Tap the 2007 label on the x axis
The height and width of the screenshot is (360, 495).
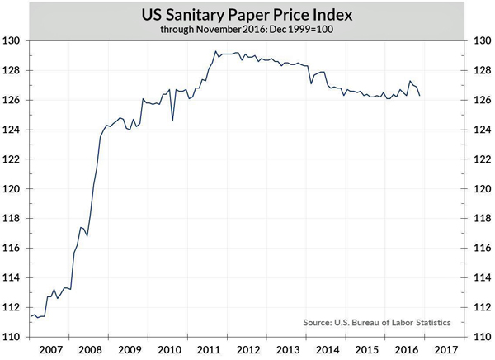50,349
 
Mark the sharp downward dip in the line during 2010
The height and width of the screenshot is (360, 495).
172,121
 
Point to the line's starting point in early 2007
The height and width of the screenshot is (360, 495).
31,316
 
